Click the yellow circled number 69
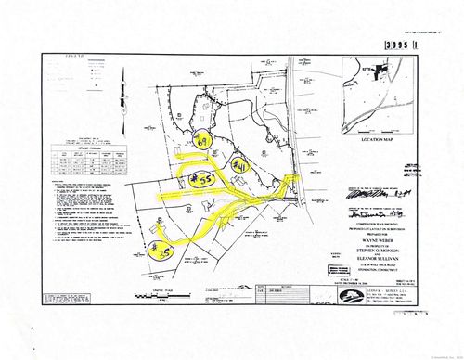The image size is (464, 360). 205,142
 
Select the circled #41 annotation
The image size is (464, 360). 238,166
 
